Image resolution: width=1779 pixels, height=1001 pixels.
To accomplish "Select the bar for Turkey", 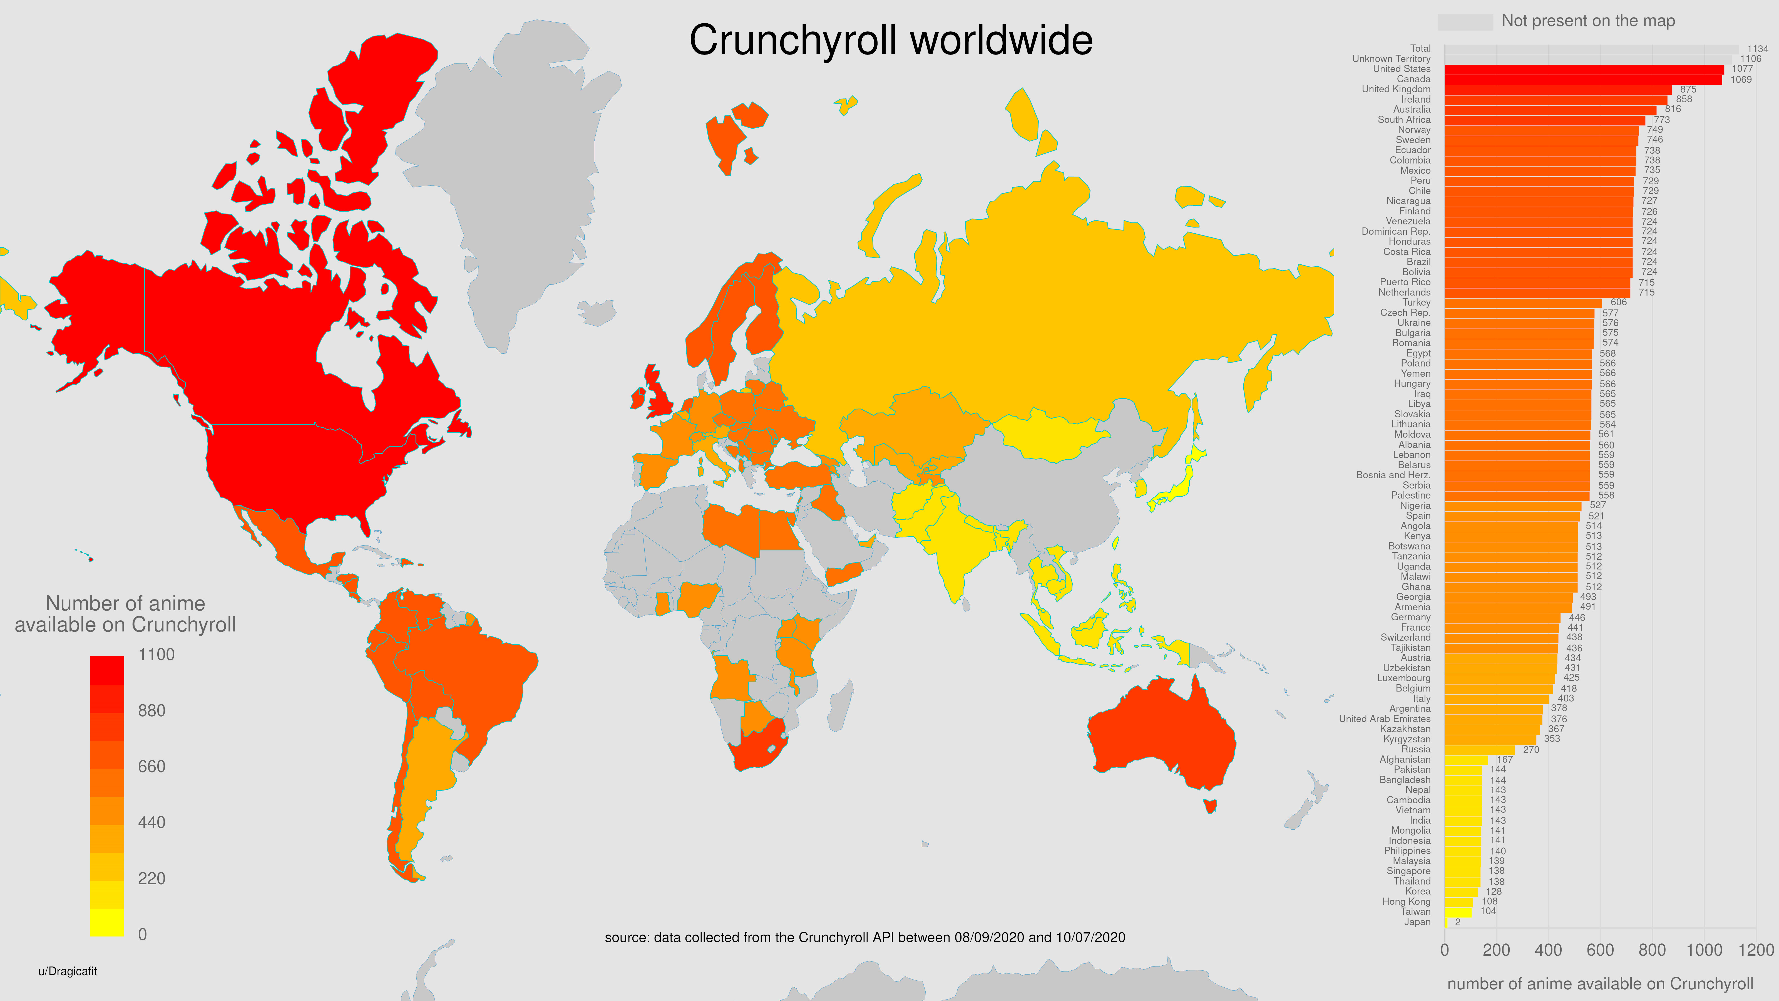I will pos(1523,303).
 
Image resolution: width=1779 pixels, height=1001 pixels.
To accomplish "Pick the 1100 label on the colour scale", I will pos(156,654).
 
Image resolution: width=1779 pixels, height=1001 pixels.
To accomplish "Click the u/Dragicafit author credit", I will pos(68,971).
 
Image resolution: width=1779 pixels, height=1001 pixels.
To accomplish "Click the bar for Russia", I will pos(1479,750).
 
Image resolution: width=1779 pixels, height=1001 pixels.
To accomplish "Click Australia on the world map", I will pos(1160,732).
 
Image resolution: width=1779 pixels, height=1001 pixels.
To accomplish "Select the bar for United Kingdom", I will pos(1557,89).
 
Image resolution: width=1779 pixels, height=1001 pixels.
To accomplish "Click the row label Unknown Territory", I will pos(1391,59).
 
